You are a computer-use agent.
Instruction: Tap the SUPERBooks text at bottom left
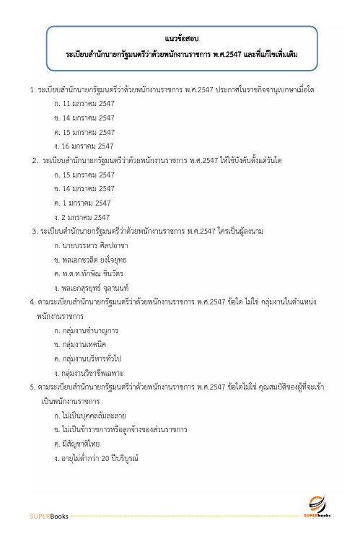point(49,517)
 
